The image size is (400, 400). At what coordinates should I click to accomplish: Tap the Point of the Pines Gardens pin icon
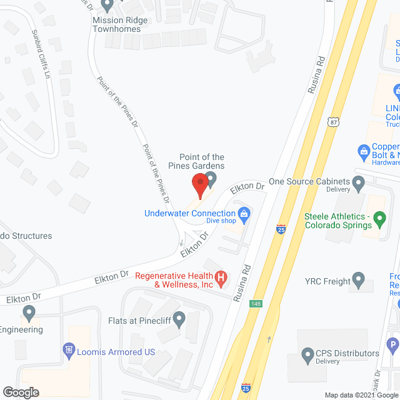point(211,182)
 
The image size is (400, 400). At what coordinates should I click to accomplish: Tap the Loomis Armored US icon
point(69,351)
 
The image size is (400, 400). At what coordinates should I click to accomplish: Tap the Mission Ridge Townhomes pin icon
point(106,6)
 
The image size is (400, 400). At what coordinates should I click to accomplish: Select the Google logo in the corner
point(20,392)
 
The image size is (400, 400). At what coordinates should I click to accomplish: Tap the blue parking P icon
point(393,342)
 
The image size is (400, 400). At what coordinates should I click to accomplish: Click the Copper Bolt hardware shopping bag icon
point(362,151)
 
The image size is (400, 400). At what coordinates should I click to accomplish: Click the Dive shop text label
point(221,221)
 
